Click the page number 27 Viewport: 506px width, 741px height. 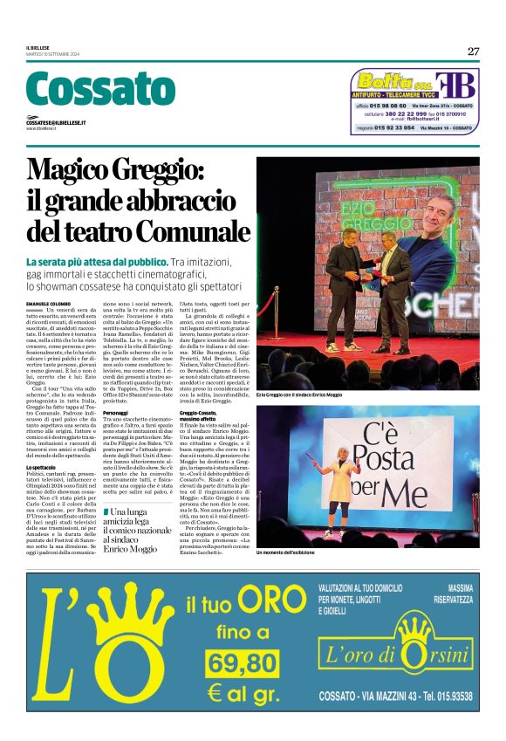point(473,51)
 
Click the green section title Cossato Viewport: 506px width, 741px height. point(101,90)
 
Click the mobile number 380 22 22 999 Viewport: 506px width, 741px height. point(402,113)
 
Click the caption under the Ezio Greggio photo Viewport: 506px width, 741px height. point(312,395)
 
